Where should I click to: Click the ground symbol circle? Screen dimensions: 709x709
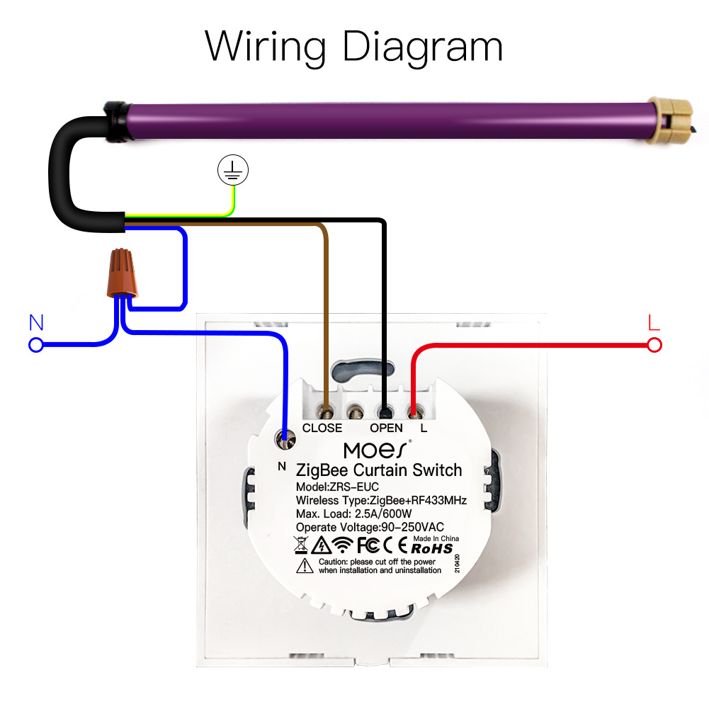[x=233, y=169]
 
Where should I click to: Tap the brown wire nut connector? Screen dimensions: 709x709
[x=123, y=273]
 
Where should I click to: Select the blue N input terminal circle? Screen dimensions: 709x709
[x=35, y=345]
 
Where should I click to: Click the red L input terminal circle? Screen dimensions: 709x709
[x=654, y=345]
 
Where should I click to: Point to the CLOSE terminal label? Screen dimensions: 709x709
[x=322, y=428]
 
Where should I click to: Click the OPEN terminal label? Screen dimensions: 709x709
[x=386, y=428]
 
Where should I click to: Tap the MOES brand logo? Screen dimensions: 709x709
[x=376, y=450]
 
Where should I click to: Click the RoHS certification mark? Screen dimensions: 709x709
[x=431, y=548]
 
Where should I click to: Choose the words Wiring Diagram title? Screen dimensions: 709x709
[x=354, y=47]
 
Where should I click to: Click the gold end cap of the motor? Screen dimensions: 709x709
[x=674, y=122]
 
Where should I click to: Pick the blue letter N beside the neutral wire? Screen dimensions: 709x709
[x=36, y=323]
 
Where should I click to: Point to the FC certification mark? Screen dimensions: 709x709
[x=367, y=545]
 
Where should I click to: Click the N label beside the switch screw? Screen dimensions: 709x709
[x=281, y=466]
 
